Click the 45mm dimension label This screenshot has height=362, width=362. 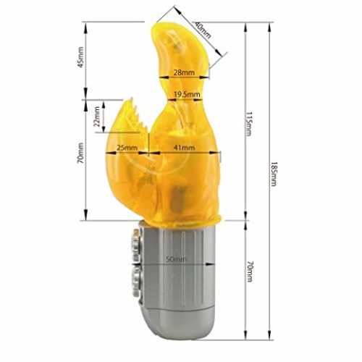click(x=81, y=57)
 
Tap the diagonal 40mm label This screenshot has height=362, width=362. click(x=203, y=30)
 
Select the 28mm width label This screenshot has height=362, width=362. click(x=184, y=72)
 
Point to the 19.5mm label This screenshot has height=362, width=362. click(x=187, y=94)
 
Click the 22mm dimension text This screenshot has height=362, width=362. click(x=96, y=117)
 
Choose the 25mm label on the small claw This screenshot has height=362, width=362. click(x=127, y=148)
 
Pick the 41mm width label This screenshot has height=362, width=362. click(x=184, y=148)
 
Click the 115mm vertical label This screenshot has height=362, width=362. click(x=249, y=124)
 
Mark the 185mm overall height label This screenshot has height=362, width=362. click(x=273, y=174)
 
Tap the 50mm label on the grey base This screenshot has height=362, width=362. click(x=176, y=259)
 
